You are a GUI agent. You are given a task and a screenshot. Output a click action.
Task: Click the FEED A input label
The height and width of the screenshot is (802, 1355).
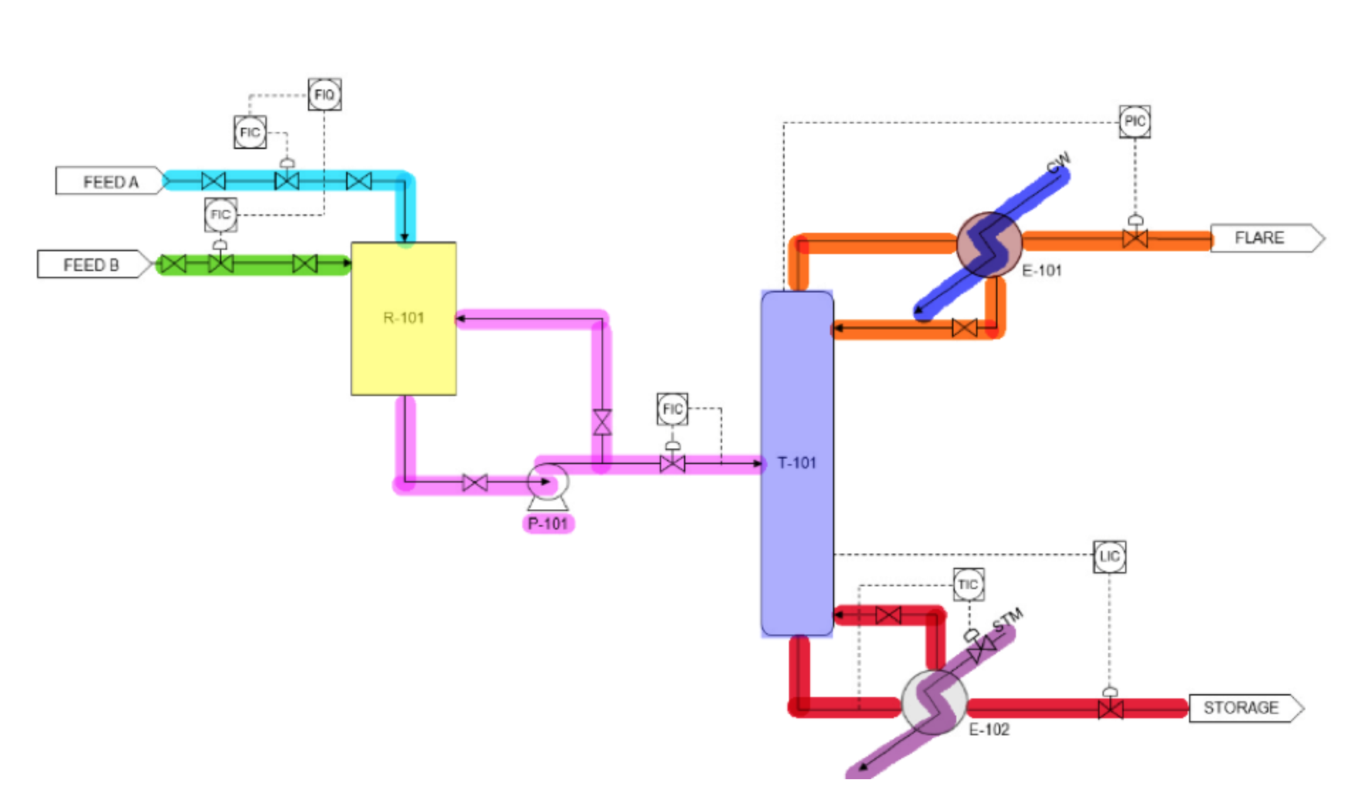[x=110, y=182]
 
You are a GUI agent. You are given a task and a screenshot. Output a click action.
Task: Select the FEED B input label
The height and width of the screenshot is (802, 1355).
[x=92, y=265]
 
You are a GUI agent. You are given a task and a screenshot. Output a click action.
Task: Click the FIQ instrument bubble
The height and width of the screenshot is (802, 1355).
[x=324, y=94]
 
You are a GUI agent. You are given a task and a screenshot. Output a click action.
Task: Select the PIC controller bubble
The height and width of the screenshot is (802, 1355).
[x=1134, y=121]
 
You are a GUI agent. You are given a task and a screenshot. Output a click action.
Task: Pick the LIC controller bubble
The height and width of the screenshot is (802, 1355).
[x=1109, y=556]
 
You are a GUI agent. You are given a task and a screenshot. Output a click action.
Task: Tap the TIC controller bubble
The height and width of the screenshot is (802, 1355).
[x=968, y=585]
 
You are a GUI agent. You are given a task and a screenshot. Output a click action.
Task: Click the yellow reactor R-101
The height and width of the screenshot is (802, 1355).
[x=403, y=318]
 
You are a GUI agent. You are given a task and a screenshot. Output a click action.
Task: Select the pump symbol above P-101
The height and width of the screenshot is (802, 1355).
[x=548, y=483]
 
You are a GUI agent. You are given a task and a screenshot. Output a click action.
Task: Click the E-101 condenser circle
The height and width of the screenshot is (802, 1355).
[x=989, y=243]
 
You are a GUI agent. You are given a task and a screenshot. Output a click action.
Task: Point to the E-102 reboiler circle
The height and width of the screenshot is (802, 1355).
[x=934, y=702]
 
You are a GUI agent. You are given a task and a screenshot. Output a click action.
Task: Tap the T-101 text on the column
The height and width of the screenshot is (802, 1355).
[x=797, y=463]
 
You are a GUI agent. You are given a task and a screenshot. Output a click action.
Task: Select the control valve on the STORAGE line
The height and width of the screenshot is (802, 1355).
[x=1110, y=708]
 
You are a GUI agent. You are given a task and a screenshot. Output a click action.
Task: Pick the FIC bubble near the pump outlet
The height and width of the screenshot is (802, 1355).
[x=672, y=409]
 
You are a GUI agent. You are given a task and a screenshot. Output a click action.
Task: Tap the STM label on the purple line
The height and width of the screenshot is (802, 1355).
[x=1007, y=618]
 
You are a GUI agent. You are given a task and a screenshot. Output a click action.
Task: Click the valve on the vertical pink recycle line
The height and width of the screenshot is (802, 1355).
[x=602, y=422]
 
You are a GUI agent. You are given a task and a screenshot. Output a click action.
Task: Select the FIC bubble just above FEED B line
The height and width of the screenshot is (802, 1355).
[x=220, y=215]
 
